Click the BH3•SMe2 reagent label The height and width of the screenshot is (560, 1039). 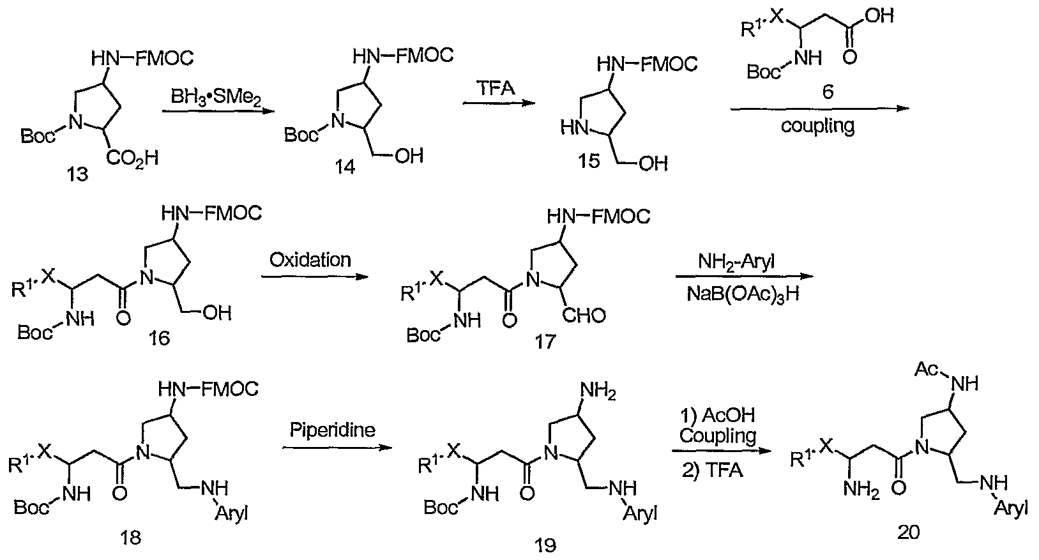[x=216, y=98]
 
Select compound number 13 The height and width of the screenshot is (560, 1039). [x=77, y=174]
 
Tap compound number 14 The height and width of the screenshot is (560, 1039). [x=345, y=167]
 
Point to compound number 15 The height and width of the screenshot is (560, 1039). [x=589, y=161]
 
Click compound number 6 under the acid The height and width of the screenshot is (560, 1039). [x=828, y=91]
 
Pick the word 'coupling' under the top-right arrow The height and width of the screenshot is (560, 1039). [x=818, y=126]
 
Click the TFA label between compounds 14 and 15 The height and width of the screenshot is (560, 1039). [x=496, y=87]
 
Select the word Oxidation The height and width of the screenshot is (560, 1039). [x=310, y=260]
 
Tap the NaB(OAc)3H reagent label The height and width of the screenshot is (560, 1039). [x=743, y=294]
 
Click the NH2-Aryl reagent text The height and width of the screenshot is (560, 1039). [x=736, y=262]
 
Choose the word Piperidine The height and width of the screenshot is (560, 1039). [x=333, y=430]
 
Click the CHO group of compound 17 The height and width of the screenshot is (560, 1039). [x=584, y=316]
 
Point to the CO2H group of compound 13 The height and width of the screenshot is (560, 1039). [x=132, y=158]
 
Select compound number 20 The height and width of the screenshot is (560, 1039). [x=907, y=532]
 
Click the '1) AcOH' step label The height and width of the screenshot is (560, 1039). [x=718, y=415]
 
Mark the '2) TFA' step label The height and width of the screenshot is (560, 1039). [x=712, y=471]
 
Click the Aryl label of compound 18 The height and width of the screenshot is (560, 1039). [x=231, y=513]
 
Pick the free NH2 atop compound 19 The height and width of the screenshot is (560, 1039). [x=598, y=391]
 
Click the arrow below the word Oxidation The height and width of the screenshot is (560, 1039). [x=314, y=277]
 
